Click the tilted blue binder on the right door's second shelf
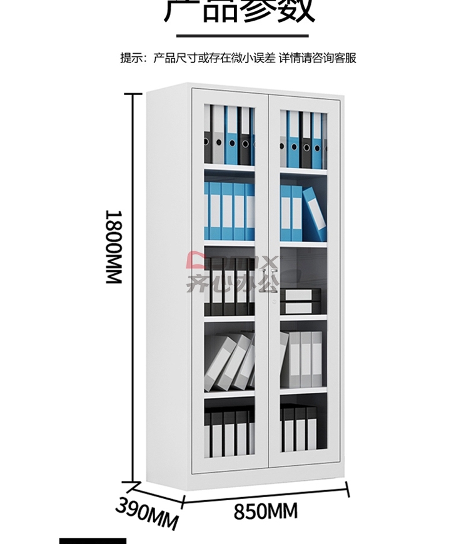click(x=314, y=213)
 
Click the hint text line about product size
click(x=238, y=59)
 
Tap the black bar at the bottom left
click(x=93, y=540)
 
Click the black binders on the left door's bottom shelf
click(x=229, y=431)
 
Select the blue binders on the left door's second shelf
click(x=229, y=211)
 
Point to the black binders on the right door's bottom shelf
click(x=298, y=428)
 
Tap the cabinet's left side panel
click(x=168, y=281)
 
